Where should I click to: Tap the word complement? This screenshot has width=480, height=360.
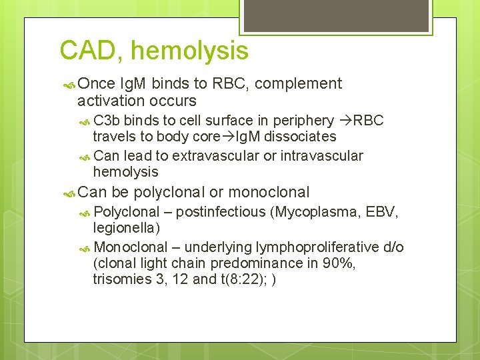pos(298,84)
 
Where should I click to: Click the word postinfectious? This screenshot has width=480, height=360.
pos(221,213)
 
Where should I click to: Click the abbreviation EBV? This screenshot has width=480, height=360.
pos(384,213)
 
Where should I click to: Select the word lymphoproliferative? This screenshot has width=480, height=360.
pos(311,247)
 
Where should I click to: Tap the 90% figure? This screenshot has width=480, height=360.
pos(338,264)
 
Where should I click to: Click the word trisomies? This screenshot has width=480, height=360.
pos(123,280)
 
